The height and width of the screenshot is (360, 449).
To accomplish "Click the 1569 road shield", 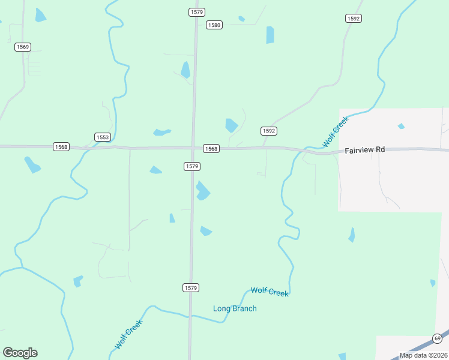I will (x=23, y=47).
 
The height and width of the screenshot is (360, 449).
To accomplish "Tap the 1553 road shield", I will (x=103, y=137).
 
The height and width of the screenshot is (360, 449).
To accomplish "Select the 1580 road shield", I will (x=214, y=25).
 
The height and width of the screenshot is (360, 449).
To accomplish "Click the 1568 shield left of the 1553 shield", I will (x=61, y=147).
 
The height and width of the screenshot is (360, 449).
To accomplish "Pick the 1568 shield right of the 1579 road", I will (x=211, y=149).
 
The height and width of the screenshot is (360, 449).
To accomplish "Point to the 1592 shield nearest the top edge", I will (x=353, y=19).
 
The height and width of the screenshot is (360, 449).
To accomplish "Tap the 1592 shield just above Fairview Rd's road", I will (x=268, y=131).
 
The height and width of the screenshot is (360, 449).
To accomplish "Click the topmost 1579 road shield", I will (x=196, y=12).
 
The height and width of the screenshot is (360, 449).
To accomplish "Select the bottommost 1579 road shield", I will (x=190, y=288).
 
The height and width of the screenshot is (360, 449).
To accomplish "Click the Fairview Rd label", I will (x=364, y=151).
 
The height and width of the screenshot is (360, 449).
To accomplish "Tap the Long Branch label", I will (x=235, y=308).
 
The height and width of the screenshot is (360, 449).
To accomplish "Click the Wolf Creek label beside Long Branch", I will (x=270, y=292).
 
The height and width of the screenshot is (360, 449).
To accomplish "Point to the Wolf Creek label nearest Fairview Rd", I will (x=335, y=132).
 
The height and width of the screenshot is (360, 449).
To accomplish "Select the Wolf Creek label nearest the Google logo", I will (x=128, y=335).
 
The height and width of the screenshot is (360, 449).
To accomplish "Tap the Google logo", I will (x=20, y=353).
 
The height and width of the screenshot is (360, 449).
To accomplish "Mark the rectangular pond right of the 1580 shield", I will (x=270, y=35).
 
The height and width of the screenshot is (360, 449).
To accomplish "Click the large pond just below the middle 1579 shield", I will (x=203, y=191).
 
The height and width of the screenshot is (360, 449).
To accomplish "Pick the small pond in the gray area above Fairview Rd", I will (x=401, y=126).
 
